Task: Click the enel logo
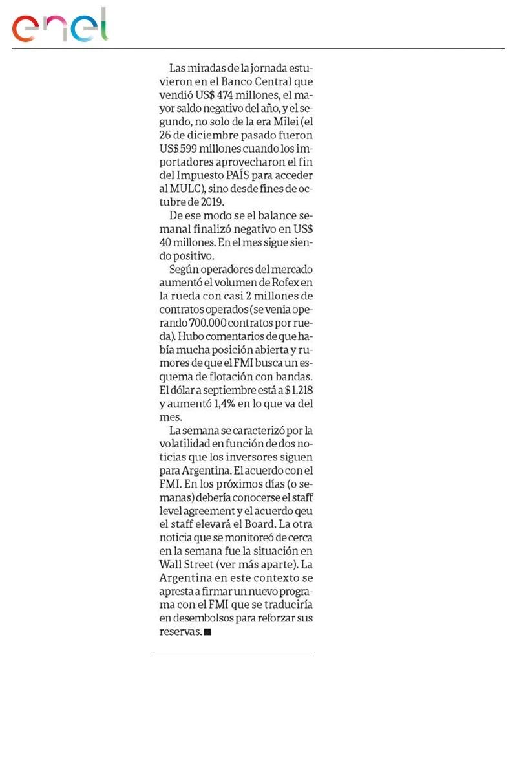pos(59,27)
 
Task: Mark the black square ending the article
pos(207,632)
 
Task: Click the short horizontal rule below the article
pos(233,656)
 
